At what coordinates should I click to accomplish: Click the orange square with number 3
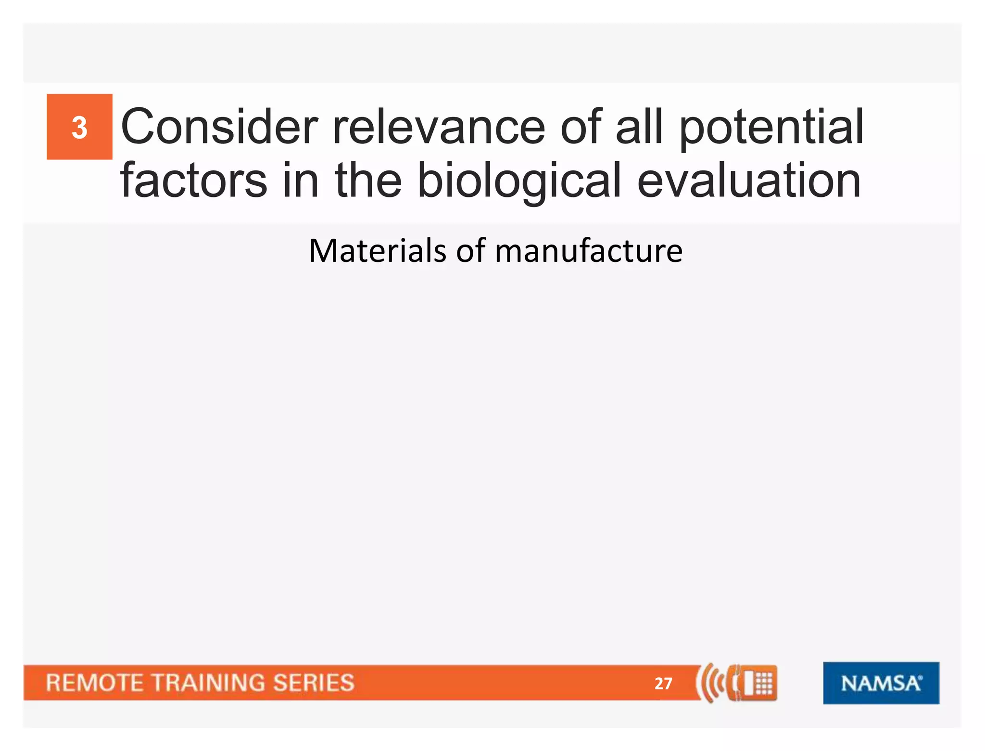79,127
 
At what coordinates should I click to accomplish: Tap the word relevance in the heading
438,127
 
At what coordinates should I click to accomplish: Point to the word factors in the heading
193,181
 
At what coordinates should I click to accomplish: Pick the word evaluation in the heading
749,181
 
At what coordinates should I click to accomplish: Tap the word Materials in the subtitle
378,251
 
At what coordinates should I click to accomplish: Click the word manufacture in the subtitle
588,251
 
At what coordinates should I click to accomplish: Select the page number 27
663,683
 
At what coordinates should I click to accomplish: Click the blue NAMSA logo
881,683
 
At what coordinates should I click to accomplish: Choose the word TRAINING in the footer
208,683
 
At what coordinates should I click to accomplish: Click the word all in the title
639,127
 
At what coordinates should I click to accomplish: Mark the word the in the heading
368,181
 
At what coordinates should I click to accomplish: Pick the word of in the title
581,127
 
